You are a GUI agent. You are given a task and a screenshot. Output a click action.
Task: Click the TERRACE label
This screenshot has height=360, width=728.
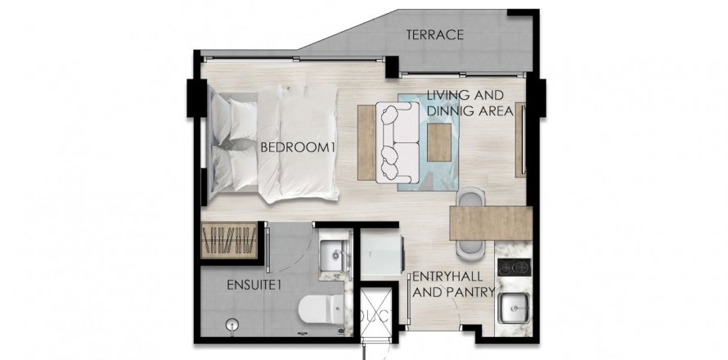point(434,35)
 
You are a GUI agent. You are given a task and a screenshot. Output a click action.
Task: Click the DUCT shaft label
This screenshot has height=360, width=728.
point(375,314)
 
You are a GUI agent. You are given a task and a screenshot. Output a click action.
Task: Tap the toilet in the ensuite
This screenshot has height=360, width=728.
point(321,309)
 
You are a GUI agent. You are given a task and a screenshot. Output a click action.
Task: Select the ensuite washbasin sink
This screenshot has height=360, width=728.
point(335,255)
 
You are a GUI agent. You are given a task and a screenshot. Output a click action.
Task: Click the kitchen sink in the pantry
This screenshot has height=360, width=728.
point(514,308)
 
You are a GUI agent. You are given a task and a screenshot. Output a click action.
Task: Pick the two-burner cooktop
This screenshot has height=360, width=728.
point(515,267)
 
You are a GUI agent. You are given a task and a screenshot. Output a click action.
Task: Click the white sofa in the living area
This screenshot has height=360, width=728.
point(398,142)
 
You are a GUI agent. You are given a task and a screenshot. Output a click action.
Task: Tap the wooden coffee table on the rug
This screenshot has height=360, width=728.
point(438,142)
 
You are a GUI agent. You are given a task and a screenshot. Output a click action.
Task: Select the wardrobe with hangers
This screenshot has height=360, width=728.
point(229,241)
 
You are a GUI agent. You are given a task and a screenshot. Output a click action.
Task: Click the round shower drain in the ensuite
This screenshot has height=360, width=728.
point(231,325)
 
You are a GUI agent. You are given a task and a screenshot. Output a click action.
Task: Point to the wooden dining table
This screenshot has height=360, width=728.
point(491,223)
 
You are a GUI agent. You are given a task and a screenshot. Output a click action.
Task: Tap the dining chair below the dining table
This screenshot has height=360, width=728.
point(470,250)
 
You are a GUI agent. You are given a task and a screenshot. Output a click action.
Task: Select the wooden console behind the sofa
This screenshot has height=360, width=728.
point(366,142)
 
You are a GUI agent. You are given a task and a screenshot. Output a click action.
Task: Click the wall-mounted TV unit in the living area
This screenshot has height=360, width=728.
point(521,140)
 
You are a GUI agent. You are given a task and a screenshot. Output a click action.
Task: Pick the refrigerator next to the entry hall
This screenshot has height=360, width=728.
point(383,255)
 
